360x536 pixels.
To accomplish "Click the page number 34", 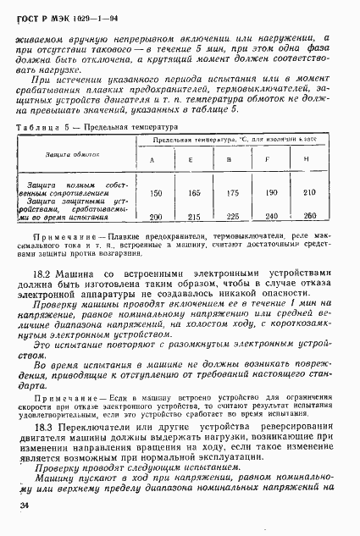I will pyautogui.click(x=23, y=506).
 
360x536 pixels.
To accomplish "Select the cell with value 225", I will pyautogui.click(x=231, y=218).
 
